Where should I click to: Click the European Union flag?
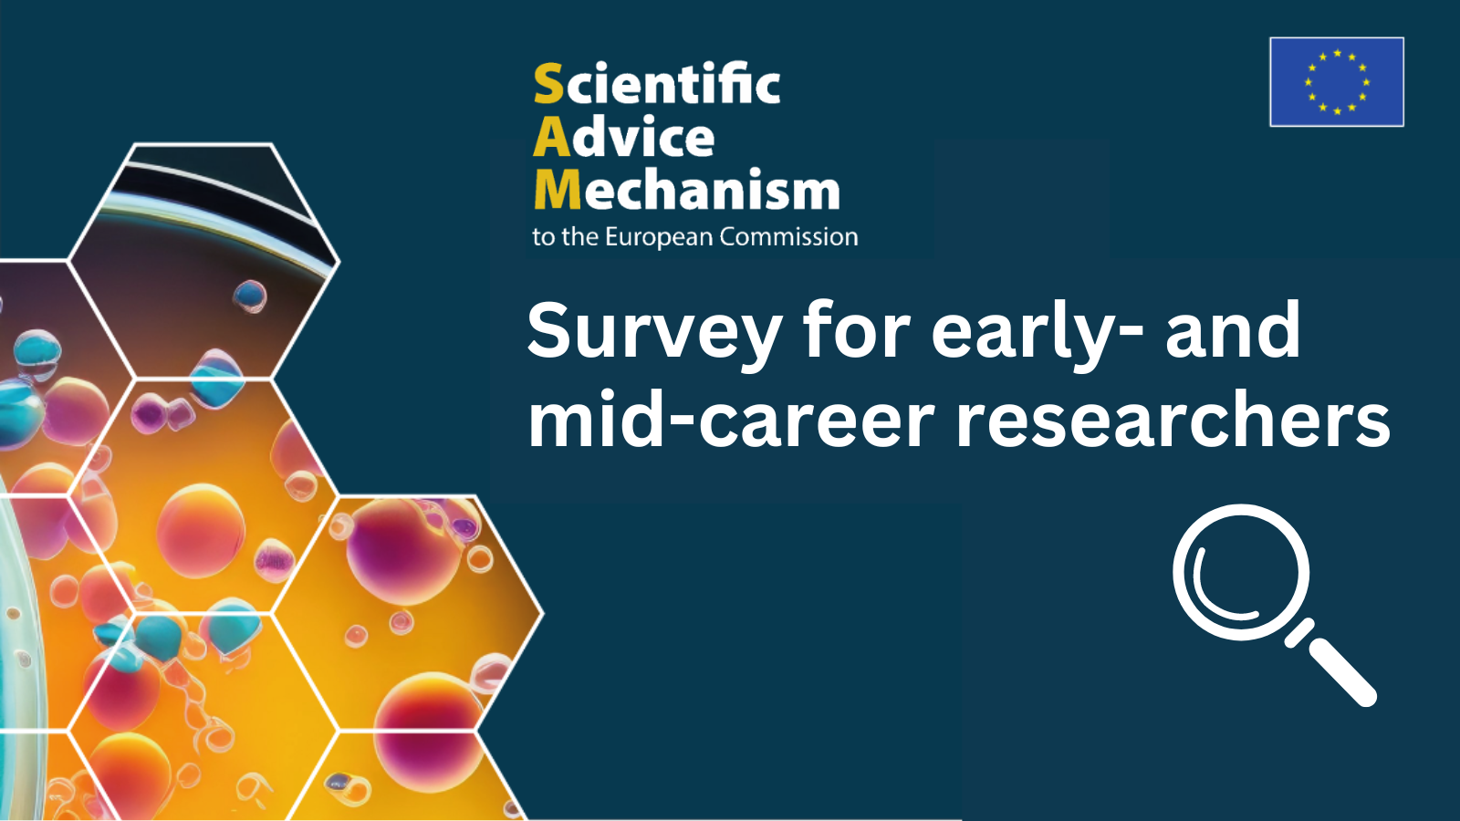pos(1337,81)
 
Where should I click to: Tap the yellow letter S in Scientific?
pos(548,83)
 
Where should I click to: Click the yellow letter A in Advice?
pos(552,138)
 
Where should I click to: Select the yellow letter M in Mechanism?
pos(558,190)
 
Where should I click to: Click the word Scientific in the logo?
pos(657,83)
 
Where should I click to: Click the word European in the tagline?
pos(658,237)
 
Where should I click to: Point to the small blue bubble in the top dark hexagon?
pos(250,296)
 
